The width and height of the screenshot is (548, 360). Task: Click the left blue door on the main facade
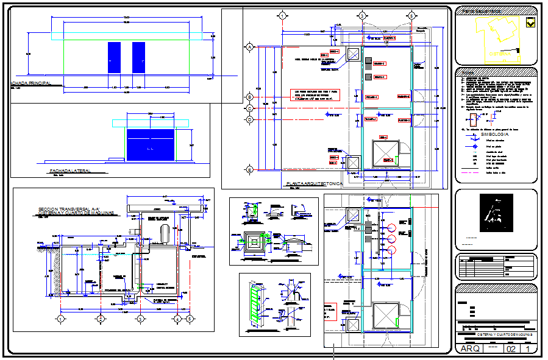click(115, 58)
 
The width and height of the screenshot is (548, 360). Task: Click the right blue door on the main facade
click(138, 58)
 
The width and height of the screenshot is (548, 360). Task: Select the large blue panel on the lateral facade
click(149, 145)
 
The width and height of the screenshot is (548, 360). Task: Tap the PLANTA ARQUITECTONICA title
click(315, 183)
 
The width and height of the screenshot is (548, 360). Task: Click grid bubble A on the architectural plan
click(249, 47)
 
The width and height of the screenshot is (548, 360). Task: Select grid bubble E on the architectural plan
click(249, 169)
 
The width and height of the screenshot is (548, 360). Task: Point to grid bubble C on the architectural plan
click(249, 108)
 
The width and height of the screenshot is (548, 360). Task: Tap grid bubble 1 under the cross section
click(61, 318)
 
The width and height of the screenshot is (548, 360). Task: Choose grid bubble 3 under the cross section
click(140, 318)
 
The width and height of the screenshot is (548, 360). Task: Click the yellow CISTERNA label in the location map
click(500, 53)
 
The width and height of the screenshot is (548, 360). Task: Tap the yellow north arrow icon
click(531, 23)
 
